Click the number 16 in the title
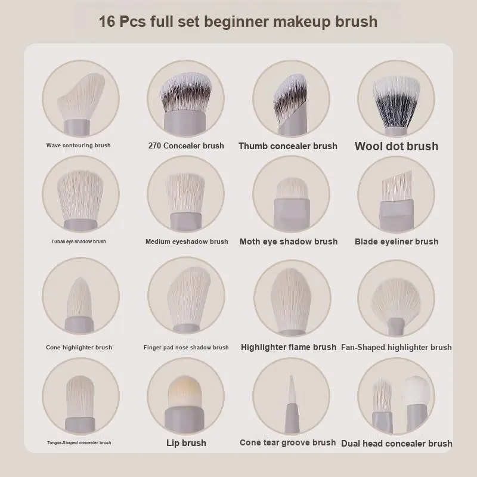tap(107, 21)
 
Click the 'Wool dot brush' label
tap(397, 146)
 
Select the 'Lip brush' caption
tap(186, 443)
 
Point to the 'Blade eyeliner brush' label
tap(397, 241)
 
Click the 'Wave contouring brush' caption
tap(79, 145)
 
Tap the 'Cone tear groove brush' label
tap(288, 442)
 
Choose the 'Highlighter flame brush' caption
tap(289, 347)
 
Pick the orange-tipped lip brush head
tap(185, 392)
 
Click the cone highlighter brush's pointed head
tap(79, 298)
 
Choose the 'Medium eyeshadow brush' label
tap(187, 241)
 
